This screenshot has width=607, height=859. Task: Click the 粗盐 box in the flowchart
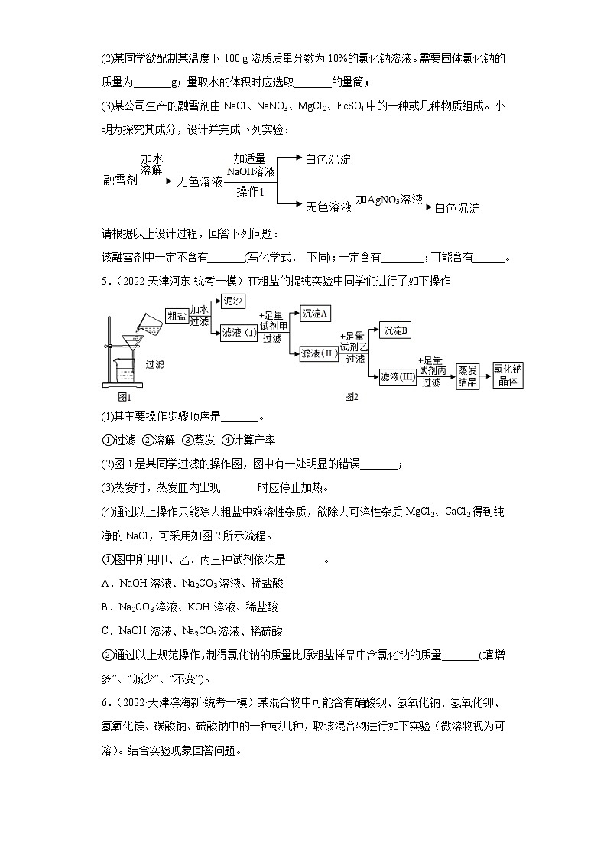point(177,316)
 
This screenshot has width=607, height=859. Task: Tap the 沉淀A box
point(314,314)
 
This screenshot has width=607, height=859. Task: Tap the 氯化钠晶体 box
point(508,374)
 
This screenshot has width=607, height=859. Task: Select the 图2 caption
point(352,396)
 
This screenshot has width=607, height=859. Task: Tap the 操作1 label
point(250,191)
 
